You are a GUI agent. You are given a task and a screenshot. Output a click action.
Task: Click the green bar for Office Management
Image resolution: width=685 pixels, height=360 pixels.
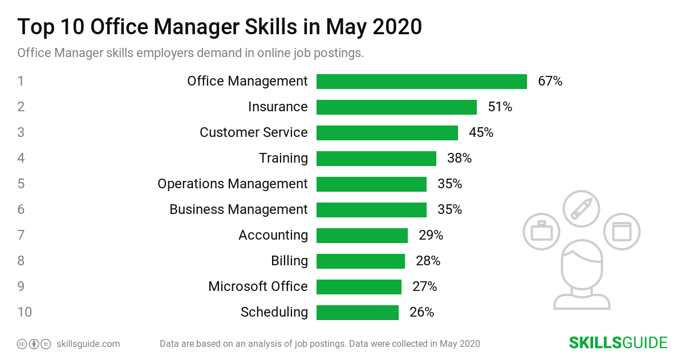pos(421,82)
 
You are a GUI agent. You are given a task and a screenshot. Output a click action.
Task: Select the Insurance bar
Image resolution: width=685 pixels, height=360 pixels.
pos(396,107)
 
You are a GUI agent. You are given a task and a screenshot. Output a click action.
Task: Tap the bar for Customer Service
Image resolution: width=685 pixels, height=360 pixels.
pos(387,133)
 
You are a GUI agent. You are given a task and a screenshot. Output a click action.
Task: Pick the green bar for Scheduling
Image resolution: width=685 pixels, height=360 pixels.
pos(357,313)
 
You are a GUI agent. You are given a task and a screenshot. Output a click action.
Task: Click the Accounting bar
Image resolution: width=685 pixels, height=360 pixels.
pos(362,236)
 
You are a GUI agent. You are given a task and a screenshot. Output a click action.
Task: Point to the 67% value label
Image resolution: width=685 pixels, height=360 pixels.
pos(550,82)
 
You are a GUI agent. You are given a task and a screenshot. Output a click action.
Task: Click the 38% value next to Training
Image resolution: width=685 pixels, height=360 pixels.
pos(459,159)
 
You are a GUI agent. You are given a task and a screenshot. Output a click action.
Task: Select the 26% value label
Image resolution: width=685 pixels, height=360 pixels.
pos(421,313)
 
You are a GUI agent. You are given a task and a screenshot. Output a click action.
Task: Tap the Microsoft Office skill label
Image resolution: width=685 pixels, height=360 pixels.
pos(258,286)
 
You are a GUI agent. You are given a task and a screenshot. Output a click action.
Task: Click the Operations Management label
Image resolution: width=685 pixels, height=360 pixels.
pos(232,184)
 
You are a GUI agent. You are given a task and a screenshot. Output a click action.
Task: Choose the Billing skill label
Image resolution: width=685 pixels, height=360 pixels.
pos(289,261)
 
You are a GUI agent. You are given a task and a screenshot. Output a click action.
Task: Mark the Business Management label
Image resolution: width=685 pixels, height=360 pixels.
pos(238,209)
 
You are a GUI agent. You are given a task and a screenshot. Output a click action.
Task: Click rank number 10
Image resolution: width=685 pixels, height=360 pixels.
pos(25,313)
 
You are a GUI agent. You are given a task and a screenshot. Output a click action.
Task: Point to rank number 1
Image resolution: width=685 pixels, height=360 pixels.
pos(21,82)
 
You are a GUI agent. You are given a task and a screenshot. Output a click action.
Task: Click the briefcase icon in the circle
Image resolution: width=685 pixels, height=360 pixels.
pos(541,232)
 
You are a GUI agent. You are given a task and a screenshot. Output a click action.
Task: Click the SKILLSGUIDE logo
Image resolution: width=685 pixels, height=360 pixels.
pos(618,343)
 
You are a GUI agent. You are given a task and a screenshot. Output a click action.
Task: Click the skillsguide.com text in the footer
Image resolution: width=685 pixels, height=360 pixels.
pos(88,344)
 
